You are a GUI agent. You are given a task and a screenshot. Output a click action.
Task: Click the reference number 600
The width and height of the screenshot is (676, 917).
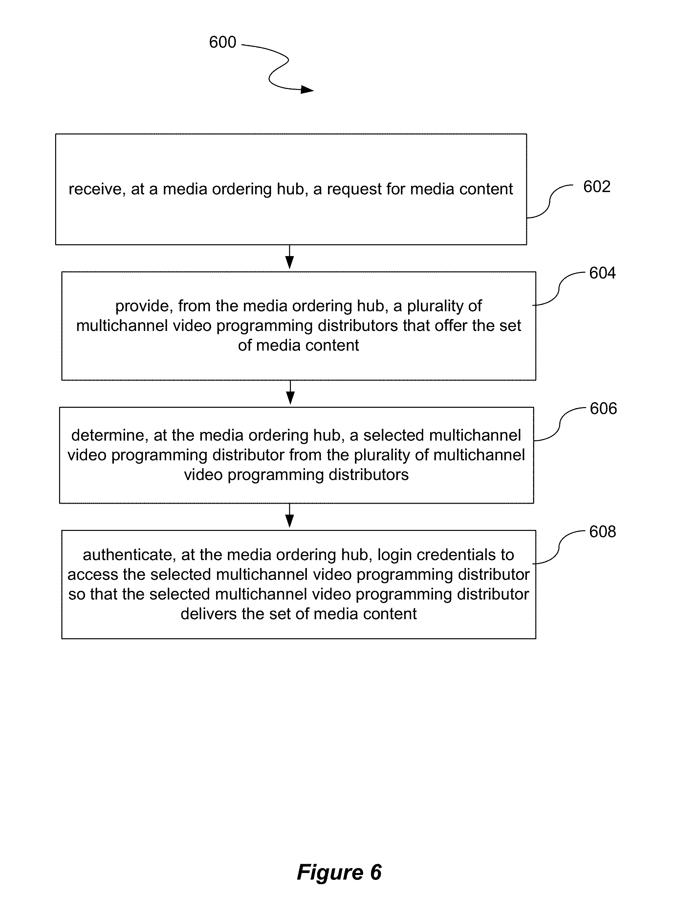[x=223, y=42]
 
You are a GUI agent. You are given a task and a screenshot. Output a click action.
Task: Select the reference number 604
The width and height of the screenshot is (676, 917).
[x=602, y=273]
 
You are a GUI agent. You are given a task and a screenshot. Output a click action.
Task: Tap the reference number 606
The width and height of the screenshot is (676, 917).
[x=603, y=408]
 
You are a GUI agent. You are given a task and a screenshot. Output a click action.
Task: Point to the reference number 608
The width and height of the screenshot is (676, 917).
[x=602, y=532]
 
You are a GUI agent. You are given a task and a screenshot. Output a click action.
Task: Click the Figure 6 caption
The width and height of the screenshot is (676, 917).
[x=339, y=872]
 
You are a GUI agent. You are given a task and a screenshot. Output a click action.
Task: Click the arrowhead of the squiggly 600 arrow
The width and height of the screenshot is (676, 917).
[x=307, y=90]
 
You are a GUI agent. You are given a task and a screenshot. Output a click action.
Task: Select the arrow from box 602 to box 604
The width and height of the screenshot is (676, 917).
[x=290, y=257]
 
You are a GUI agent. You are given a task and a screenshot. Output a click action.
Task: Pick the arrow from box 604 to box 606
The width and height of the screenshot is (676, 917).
[x=290, y=392]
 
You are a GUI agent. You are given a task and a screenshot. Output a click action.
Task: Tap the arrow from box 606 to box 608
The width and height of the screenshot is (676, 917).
[x=290, y=515]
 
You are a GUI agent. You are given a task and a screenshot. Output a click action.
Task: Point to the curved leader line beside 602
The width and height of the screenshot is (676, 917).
[x=550, y=201]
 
